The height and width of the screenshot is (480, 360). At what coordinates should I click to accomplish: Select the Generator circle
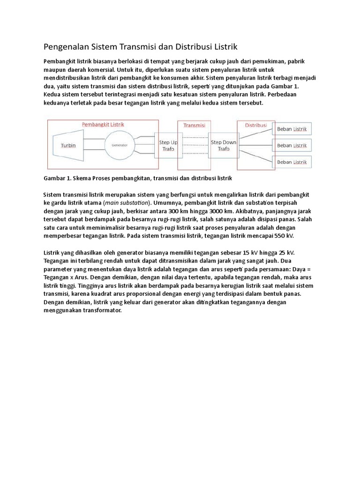coord(119,145)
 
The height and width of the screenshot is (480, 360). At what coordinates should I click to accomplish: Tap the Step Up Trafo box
coord(168,145)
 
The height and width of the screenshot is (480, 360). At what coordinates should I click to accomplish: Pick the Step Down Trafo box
coord(224,145)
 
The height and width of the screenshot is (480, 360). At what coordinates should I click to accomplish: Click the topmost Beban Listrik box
coord(292,128)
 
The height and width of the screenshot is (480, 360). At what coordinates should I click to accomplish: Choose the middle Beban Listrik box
coord(292,145)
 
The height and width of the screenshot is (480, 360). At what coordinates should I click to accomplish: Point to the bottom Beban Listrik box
coord(292,162)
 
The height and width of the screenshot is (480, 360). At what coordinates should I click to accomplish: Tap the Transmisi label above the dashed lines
coord(194,125)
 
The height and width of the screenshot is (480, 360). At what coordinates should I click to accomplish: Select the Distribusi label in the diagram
coord(255,125)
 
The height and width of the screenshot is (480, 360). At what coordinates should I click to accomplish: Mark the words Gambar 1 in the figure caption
coord(58,179)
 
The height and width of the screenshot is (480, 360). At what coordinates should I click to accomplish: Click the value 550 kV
coord(283,236)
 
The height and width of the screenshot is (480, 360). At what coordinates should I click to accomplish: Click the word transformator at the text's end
coord(100,310)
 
